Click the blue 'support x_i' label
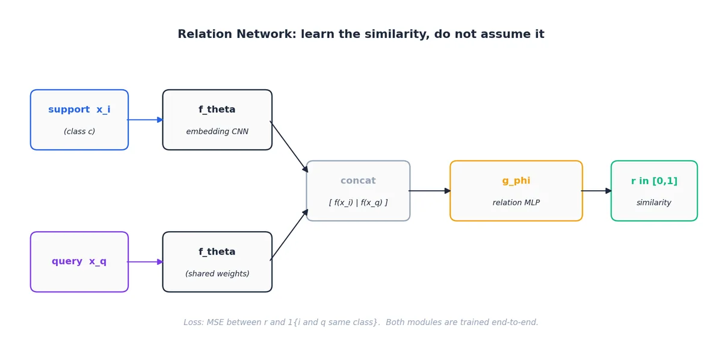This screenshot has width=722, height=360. click(79, 110)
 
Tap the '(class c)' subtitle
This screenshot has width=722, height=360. click(79, 132)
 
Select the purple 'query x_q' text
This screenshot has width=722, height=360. click(79, 261)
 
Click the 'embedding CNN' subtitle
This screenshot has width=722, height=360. click(217, 132)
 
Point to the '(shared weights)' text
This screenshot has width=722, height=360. click(217, 273)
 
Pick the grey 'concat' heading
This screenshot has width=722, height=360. click(358, 181)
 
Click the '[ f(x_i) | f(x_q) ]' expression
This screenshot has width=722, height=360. click(358, 203)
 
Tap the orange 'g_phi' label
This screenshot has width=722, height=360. click(516, 181)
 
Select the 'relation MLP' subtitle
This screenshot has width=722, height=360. click(516, 203)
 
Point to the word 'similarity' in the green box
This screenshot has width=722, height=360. click(653, 203)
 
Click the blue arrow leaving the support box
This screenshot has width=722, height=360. click(146, 120)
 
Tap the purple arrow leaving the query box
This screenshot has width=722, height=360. click(146, 262)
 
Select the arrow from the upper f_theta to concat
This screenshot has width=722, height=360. click(289, 147)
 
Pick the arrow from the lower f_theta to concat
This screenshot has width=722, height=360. click(289, 235)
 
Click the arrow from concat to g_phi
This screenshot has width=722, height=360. click(430, 191)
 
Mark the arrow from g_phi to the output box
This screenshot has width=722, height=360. click(596, 191)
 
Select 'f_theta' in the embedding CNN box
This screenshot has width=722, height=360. click(217, 110)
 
